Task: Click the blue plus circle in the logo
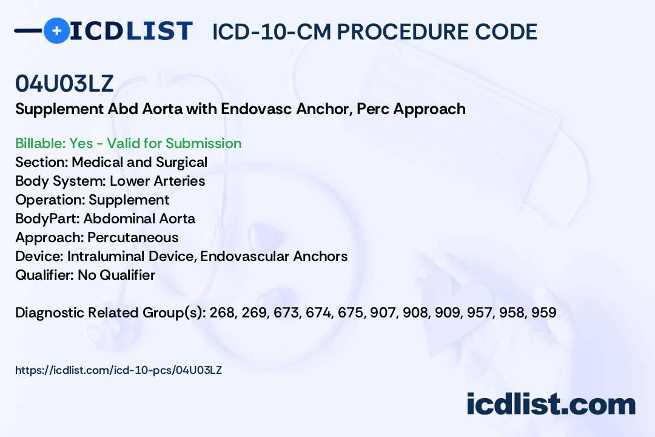click(56, 30)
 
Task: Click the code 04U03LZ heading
click(64, 84)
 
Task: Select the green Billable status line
click(129, 143)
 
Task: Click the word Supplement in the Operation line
click(129, 200)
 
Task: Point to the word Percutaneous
click(133, 237)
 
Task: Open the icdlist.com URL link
click(118, 370)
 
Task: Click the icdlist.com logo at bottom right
click(551, 404)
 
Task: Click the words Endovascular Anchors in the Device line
click(274, 256)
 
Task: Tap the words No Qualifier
click(116, 275)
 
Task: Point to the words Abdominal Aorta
click(139, 218)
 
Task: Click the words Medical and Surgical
click(139, 162)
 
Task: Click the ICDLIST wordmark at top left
click(131, 30)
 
